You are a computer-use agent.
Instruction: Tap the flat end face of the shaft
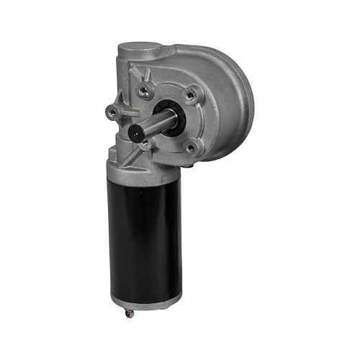136,132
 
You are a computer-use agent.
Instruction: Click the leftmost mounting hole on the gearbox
112,112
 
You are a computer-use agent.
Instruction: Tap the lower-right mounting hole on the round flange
192,148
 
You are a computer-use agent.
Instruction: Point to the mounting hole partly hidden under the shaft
147,143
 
